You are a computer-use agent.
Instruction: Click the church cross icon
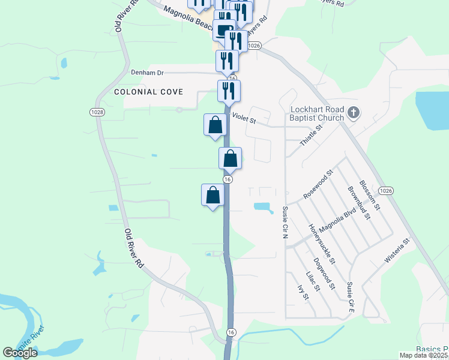[x=354, y=112]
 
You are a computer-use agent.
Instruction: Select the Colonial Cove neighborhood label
[x=148, y=92]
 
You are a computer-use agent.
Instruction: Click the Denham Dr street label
[x=147, y=72]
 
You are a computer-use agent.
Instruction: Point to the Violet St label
[x=244, y=120]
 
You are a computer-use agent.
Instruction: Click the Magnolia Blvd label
[x=336, y=224]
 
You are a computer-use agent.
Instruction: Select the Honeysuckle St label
[x=321, y=244]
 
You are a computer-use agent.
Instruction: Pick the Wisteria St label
[x=397, y=250]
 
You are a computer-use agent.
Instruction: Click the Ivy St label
[x=303, y=292]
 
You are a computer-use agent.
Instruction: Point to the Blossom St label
[x=370, y=195]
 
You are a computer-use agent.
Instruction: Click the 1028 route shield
[x=97, y=112]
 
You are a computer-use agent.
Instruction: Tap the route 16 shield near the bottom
[x=231, y=332]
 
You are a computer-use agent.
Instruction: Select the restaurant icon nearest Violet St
[x=229, y=91]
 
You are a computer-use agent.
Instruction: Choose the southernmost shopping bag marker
[x=212, y=194]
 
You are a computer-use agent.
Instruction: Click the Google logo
[x=20, y=353]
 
